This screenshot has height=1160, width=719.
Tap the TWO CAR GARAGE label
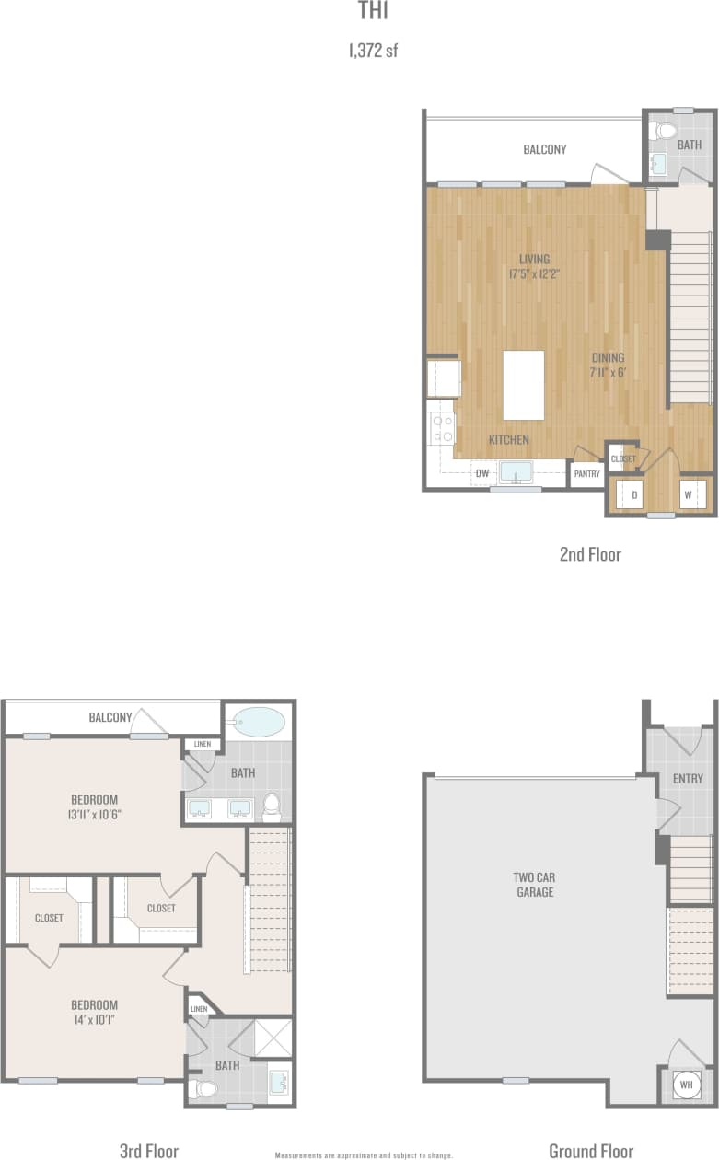click(535, 884)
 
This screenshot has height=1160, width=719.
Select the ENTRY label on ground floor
click(688, 779)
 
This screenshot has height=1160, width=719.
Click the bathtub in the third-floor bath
click(259, 722)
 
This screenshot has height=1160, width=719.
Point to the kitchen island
click(523, 385)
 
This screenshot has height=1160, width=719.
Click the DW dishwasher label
click(481, 474)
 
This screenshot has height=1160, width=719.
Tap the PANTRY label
click(586, 474)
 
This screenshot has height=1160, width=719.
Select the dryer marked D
click(634, 494)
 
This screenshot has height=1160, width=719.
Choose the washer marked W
click(688, 494)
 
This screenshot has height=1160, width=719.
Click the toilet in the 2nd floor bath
click(662, 132)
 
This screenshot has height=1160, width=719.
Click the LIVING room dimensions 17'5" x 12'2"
click(534, 273)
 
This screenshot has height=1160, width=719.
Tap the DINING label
click(608, 358)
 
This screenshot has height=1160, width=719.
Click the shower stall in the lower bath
click(274, 1038)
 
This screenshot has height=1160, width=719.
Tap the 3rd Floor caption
click(149, 1150)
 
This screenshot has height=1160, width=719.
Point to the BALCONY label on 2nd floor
click(545, 149)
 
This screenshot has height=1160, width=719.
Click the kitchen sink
click(516, 472)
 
